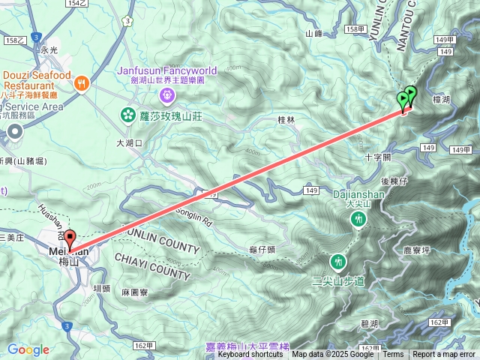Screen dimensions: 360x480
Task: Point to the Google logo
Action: point(28,349)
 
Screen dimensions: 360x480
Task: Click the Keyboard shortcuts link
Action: point(250,355)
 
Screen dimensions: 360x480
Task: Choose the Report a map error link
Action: point(444,355)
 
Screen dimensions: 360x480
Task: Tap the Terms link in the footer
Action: point(394,355)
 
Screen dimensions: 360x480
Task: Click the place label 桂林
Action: point(286,120)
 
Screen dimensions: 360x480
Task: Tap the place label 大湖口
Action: point(129,142)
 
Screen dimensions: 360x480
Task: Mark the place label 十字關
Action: point(377,158)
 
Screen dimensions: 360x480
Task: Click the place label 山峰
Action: point(313,34)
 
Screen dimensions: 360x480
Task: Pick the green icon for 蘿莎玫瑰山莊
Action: point(127,115)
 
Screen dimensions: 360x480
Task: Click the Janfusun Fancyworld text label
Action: point(166,71)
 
